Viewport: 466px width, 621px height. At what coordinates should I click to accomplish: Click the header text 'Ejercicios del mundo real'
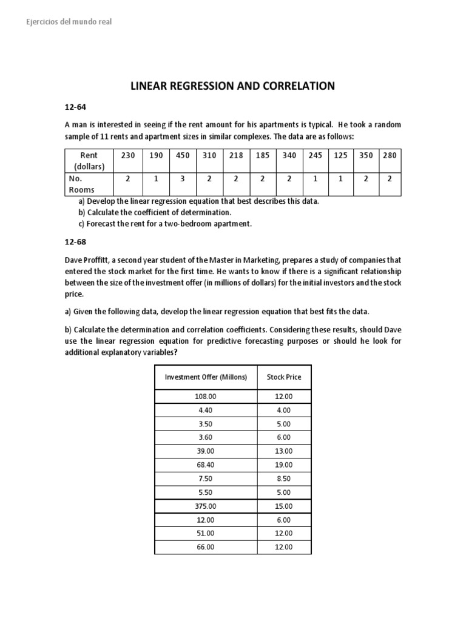(x=69, y=22)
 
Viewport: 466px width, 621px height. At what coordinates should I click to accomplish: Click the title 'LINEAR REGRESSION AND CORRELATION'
(x=233, y=86)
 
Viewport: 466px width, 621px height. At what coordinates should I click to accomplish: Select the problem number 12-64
(x=76, y=107)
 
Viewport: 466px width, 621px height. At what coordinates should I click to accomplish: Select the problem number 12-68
(x=76, y=241)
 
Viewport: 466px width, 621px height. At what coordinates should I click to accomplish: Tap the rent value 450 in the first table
(x=183, y=155)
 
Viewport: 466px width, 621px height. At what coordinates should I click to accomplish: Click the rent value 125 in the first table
(x=341, y=155)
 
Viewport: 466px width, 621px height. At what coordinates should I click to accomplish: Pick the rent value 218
(x=236, y=155)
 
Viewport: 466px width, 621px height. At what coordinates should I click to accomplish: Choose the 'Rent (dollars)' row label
(x=89, y=161)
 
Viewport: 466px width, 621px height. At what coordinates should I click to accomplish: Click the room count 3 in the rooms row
(x=183, y=180)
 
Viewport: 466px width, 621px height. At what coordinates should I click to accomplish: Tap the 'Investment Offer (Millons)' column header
(x=206, y=377)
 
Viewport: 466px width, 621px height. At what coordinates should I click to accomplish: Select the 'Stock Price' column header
(x=284, y=377)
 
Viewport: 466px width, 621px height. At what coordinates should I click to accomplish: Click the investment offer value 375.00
(x=206, y=506)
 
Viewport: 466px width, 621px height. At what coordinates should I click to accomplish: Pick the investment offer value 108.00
(x=206, y=395)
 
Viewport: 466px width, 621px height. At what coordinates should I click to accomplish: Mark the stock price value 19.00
(x=284, y=465)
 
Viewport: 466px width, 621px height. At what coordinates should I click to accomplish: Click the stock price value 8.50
(x=284, y=478)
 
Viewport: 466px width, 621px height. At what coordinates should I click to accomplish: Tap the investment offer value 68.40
(x=206, y=465)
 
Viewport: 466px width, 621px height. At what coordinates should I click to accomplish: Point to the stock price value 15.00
(x=284, y=506)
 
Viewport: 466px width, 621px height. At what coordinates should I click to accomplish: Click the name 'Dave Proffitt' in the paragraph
(x=89, y=260)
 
